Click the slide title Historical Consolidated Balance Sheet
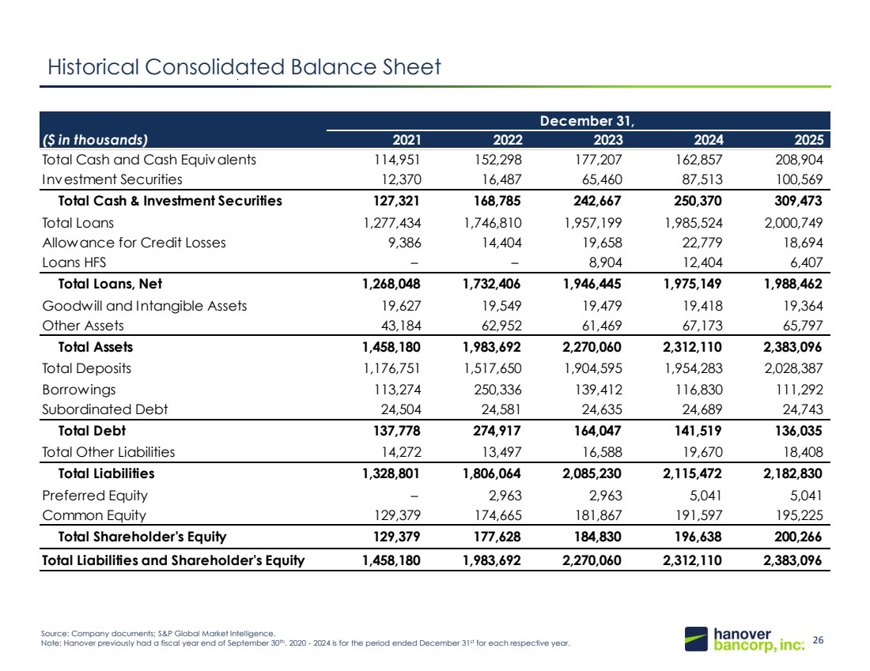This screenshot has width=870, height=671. [244, 67]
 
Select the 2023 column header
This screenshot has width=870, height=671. [608, 140]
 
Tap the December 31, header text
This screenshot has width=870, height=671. [587, 121]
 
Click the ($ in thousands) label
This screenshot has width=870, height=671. [95, 140]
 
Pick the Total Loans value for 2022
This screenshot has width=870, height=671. [493, 223]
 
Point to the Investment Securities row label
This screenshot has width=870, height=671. [112, 179]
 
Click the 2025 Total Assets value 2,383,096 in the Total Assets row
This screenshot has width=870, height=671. [792, 347]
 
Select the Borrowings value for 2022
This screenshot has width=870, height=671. [497, 390]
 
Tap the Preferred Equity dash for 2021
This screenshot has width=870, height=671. [414, 496]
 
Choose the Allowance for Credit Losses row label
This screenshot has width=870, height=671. [134, 243]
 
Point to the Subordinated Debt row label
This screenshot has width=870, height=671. [105, 409]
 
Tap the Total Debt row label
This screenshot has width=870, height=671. [92, 431]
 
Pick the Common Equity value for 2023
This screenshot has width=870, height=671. [598, 515]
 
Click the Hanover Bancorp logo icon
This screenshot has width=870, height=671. [696, 639]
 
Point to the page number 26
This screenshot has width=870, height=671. [818, 640]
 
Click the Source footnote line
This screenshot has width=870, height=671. [157, 633]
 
